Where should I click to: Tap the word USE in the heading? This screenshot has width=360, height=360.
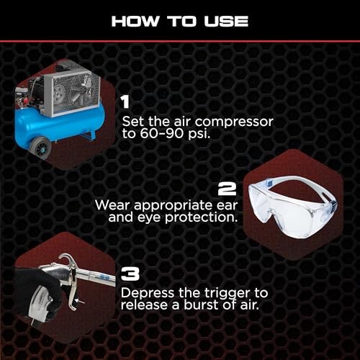pos(225,21)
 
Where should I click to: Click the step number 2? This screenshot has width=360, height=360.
pos(228,189)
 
